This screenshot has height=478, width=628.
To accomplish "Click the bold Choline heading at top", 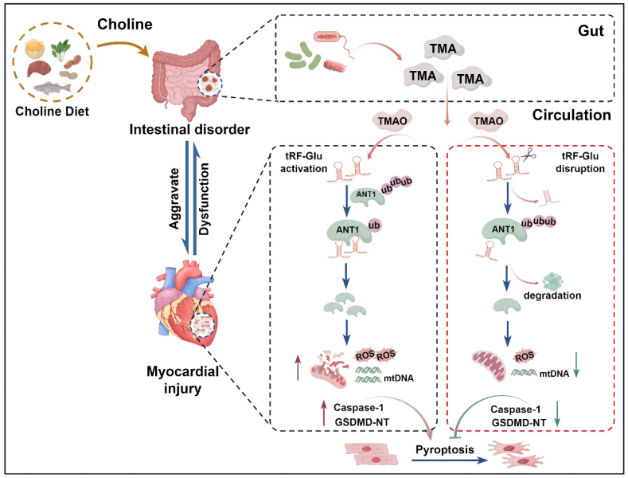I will [x=123, y=25].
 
